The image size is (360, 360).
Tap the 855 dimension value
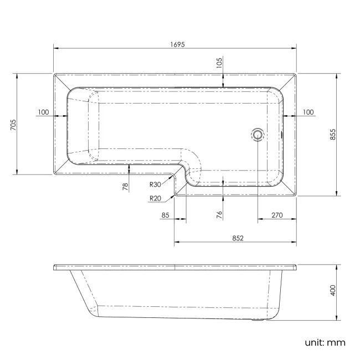(x=333, y=135)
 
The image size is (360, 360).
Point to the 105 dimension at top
(x=219, y=64)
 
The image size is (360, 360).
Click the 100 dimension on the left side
(x=44, y=112)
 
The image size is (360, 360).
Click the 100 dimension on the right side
(x=308, y=112)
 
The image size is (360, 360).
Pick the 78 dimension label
(x=126, y=187)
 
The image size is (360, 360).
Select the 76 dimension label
(x=219, y=214)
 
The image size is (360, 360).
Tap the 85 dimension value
(x=164, y=215)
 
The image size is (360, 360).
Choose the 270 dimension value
(x=277, y=215)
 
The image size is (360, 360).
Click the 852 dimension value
(x=238, y=238)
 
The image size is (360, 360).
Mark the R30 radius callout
(x=155, y=185)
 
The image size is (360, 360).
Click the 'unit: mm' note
(x=325, y=342)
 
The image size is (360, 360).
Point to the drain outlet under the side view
(x=258, y=320)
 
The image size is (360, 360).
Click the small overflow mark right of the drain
(x=282, y=133)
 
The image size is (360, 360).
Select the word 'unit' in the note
(x=314, y=342)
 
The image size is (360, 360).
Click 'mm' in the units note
(x=337, y=342)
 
